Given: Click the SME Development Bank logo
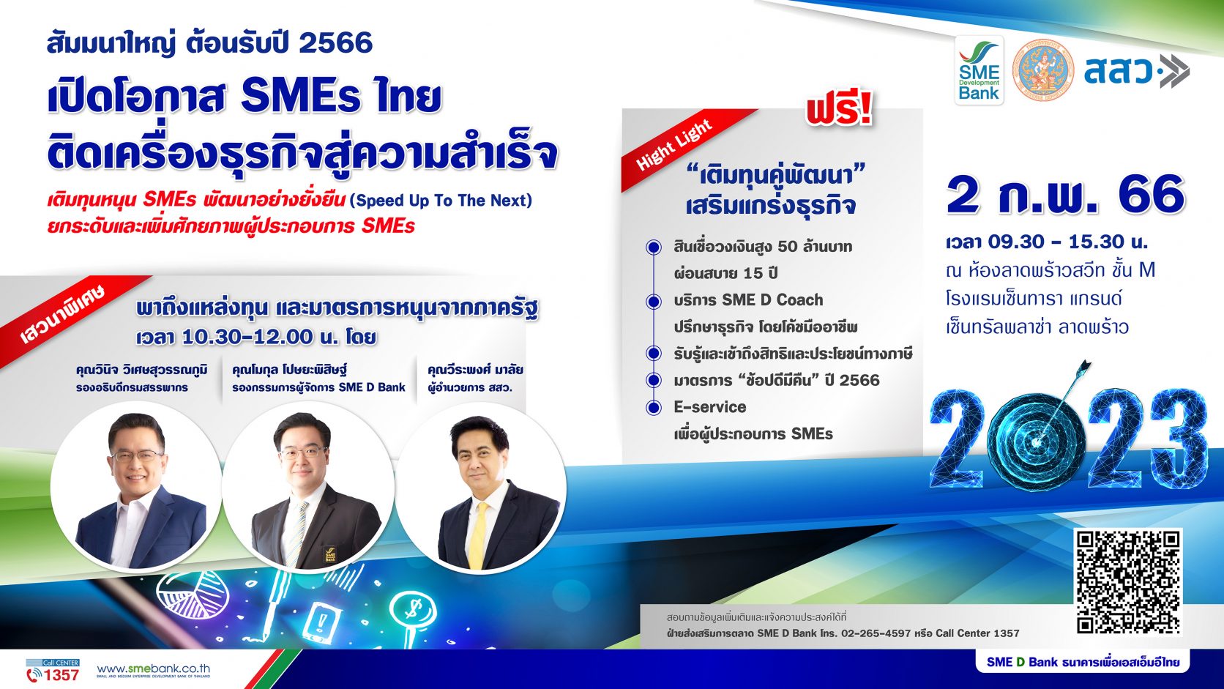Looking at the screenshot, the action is coord(979,70).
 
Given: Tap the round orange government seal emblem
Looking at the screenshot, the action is coord(1042,70).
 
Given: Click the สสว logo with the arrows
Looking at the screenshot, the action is coord(1137,71).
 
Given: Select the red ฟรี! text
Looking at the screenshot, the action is coord(840,108).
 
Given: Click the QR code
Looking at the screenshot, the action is coord(1129,581).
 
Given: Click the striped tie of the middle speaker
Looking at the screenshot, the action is coord(296,534).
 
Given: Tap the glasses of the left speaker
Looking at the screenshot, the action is coord(136,455).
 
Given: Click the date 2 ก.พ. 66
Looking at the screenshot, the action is coord(1066,195).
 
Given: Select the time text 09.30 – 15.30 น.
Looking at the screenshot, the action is coord(1068,242).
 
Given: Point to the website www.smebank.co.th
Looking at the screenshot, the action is coord(154,668).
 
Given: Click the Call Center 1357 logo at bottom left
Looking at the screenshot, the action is coord(53,671).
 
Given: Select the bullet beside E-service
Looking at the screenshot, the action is coord(654,408).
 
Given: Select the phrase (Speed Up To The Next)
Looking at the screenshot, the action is coord(441,201).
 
